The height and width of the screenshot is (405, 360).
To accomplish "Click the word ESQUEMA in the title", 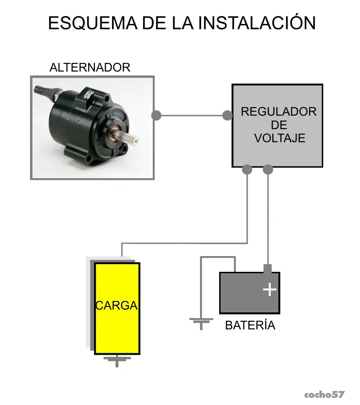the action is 93,23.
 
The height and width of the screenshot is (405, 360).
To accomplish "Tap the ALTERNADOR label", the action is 90,67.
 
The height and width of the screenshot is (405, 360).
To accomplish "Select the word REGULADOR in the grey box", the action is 279,112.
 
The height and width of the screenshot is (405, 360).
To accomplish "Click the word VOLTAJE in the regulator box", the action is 280,138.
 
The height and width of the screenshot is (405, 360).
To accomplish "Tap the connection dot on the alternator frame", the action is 156,116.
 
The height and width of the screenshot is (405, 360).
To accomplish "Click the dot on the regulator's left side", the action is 227,116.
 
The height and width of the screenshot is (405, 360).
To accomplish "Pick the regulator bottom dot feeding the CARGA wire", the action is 247,170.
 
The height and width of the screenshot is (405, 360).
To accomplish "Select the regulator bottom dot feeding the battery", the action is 268,170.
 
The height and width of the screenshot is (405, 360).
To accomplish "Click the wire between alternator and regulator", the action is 192,116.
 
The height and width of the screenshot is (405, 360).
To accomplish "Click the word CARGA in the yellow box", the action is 117,306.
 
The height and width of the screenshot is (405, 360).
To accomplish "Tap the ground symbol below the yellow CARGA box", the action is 117,360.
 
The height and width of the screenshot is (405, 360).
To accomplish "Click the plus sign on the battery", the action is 270,289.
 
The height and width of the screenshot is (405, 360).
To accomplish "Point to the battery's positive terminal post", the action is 268,269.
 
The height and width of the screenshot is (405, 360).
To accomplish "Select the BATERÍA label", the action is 250,325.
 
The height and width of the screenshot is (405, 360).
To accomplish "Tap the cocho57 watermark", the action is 324,395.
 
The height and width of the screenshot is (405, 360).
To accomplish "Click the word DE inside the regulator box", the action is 279,125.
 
